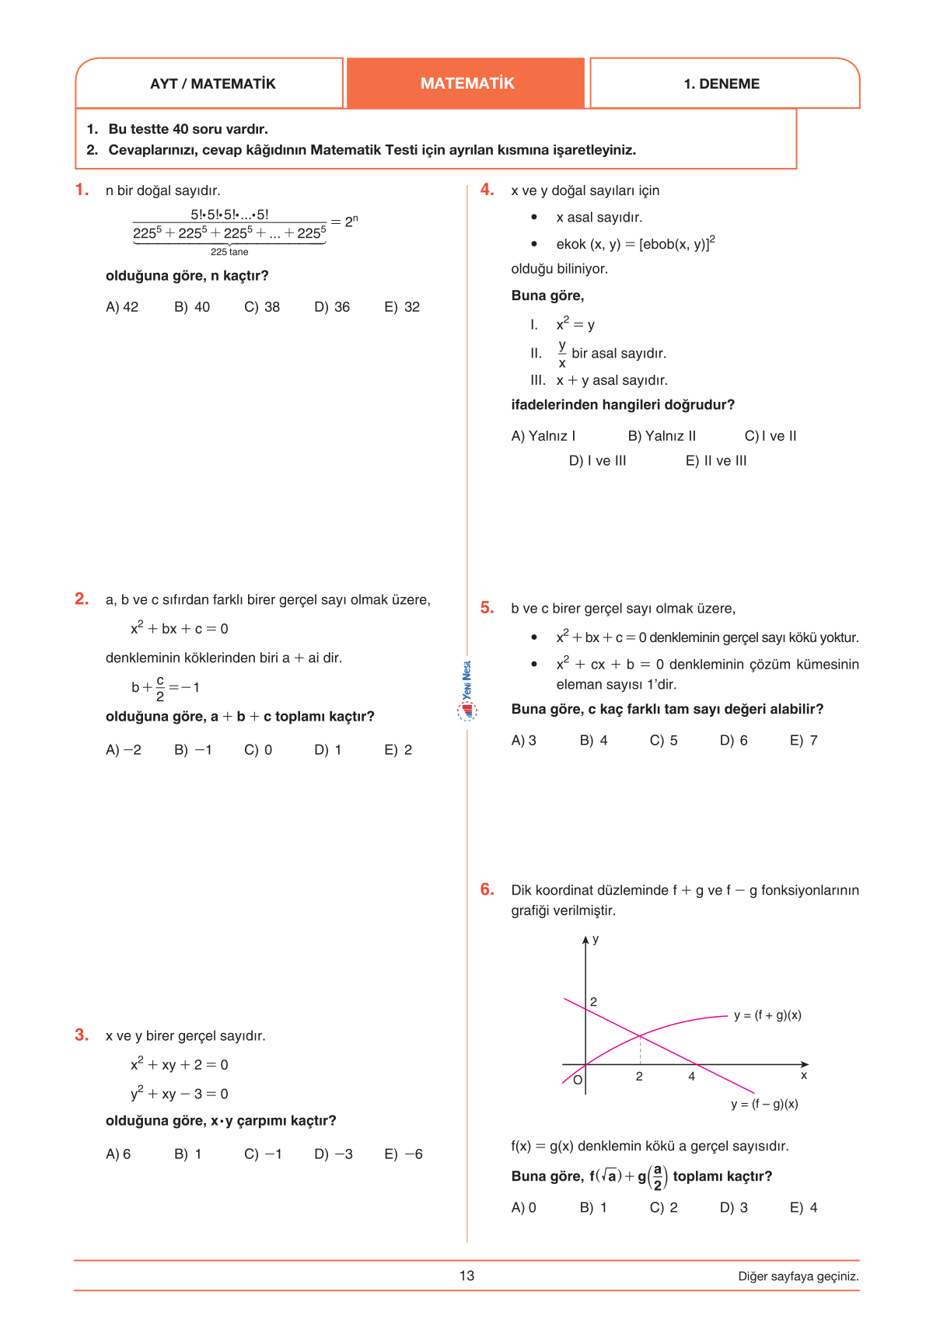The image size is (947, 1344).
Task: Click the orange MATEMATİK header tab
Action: click(467, 83)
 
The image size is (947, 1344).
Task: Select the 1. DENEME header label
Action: click(722, 84)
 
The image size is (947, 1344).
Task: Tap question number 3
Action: click(82, 1035)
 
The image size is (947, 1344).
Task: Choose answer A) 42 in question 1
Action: click(122, 307)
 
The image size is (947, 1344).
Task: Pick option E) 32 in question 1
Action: click(402, 307)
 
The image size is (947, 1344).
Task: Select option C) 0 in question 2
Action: click(258, 750)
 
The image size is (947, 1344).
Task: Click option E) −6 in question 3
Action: click(404, 1154)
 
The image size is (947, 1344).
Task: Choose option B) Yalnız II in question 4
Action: click(662, 436)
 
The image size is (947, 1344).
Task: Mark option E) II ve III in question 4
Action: click(716, 461)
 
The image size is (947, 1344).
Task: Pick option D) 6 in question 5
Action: click(733, 741)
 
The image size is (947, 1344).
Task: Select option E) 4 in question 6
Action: click(803, 1208)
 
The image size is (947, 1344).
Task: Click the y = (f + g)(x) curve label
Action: click(767, 1015)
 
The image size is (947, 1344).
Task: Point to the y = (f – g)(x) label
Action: click(764, 1104)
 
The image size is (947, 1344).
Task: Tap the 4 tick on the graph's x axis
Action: click(691, 1077)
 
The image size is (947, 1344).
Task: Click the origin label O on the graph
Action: click(578, 1080)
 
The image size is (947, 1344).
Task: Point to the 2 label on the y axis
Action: click(594, 1002)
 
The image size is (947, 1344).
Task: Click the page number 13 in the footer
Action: click(467, 1276)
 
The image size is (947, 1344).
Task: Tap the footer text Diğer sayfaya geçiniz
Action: click(798, 1276)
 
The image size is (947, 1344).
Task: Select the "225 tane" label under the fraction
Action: click(229, 252)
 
